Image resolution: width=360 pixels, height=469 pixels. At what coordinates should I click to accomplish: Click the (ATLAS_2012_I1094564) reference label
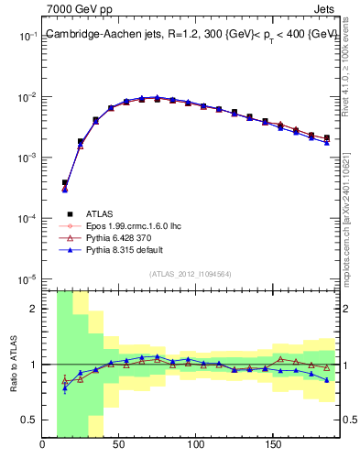191,272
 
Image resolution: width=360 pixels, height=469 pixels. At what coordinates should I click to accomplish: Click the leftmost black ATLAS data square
64,183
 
